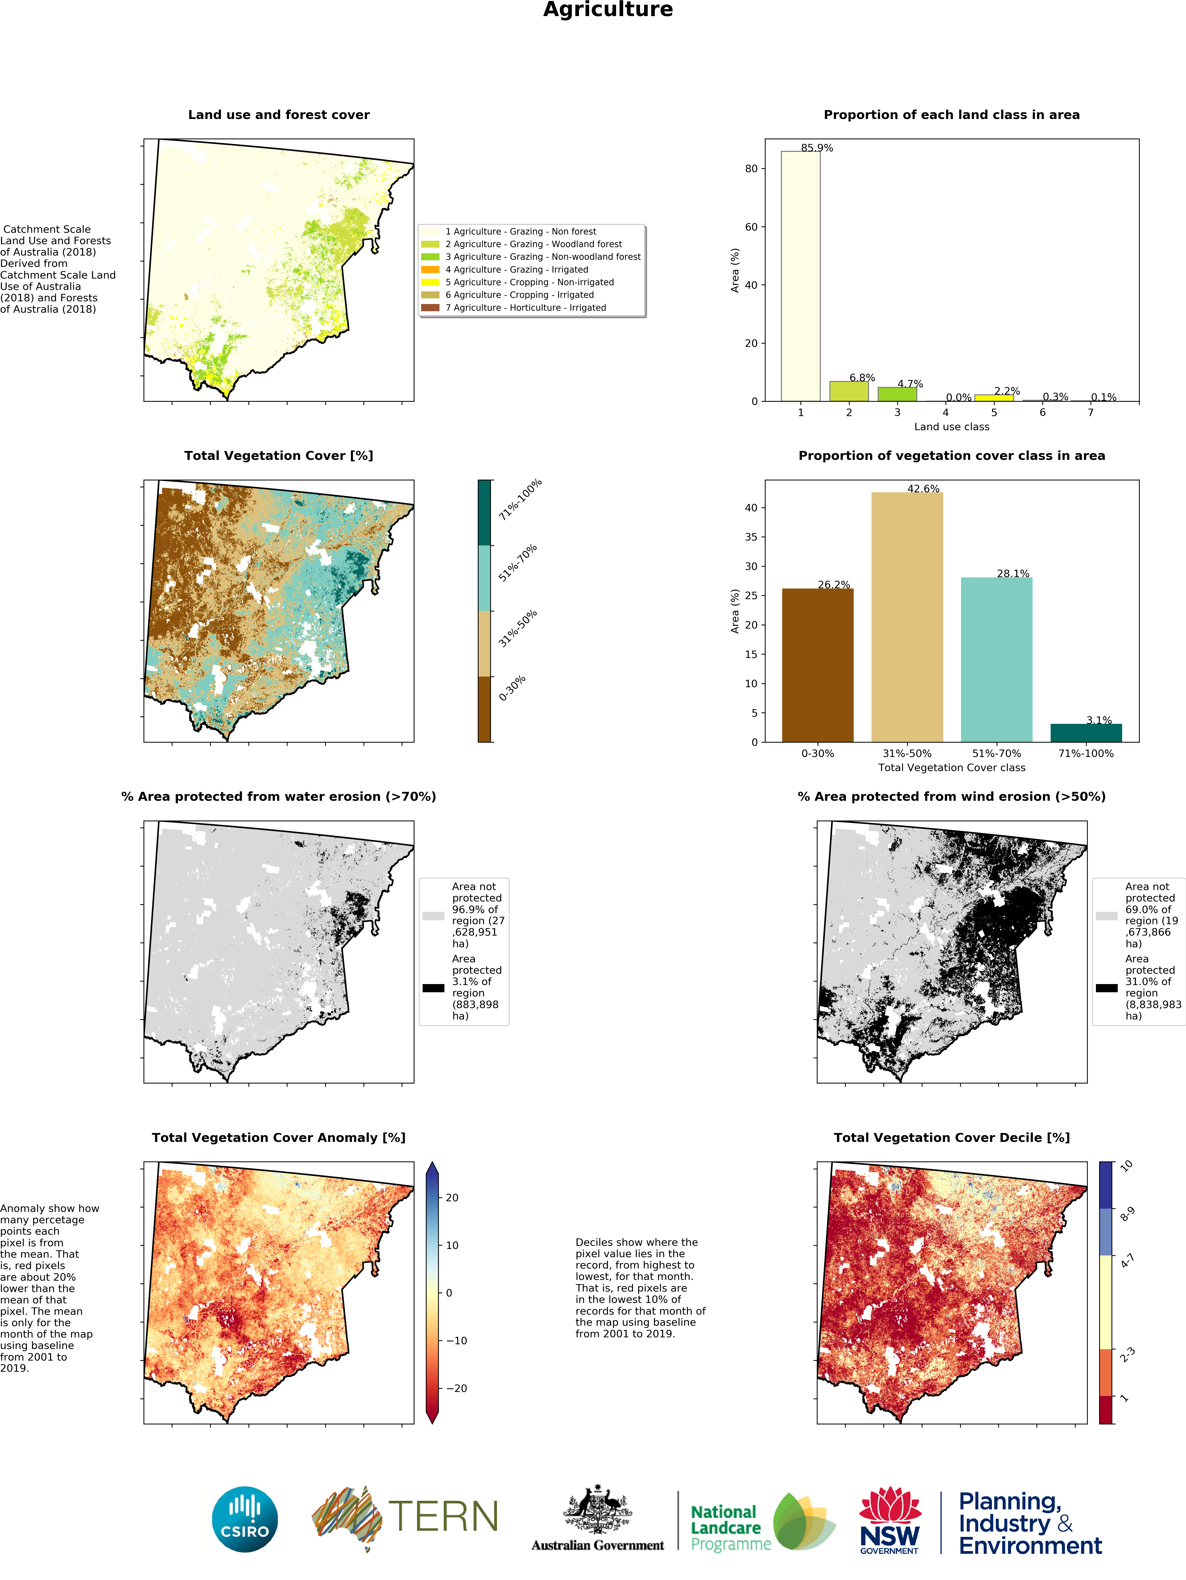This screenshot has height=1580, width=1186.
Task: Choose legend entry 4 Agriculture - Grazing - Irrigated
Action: [517, 270]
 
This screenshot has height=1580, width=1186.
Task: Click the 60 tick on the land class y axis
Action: [751, 227]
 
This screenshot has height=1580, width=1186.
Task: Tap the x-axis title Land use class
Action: [952, 427]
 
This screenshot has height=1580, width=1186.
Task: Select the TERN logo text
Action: [443, 1517]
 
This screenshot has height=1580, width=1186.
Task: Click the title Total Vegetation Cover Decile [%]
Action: [952, 1137]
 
